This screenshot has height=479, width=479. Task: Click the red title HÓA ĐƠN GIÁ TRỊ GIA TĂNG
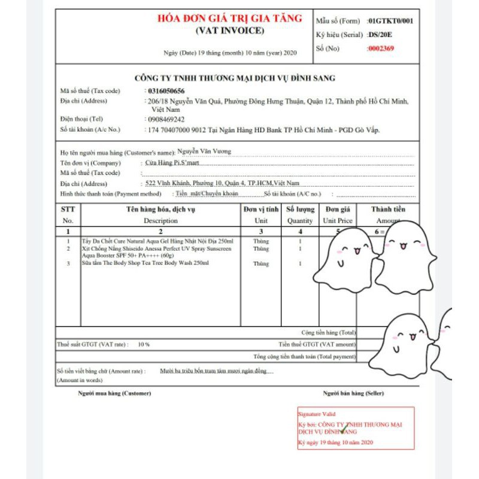pyautogui.click(x=229, y=19)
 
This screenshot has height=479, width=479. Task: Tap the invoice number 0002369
pyautogui.click(x=381, y=48)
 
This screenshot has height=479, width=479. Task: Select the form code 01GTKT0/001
pyautogui.click(x=392, y=21)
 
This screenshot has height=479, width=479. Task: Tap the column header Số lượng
pyautogui.click(x=300, y=210)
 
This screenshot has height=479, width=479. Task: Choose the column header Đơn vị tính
pyautogui.click(x=261, y=210)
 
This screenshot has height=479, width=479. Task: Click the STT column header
pyautogui.click(x=68, y=210)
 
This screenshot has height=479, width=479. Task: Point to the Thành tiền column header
pyautogui.click(x=388, y=210)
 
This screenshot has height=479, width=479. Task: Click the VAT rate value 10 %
pyautogui.click(x=144, y=345)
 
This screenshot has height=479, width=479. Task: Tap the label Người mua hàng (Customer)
pyautogui.click(x=114, y=393)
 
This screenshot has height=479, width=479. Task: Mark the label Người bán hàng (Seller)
pyautogui.click(x=353, y=393)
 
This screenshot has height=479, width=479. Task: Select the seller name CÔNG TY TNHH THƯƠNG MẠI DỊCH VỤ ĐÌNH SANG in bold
pyautogui.click(x=235, y=78)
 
